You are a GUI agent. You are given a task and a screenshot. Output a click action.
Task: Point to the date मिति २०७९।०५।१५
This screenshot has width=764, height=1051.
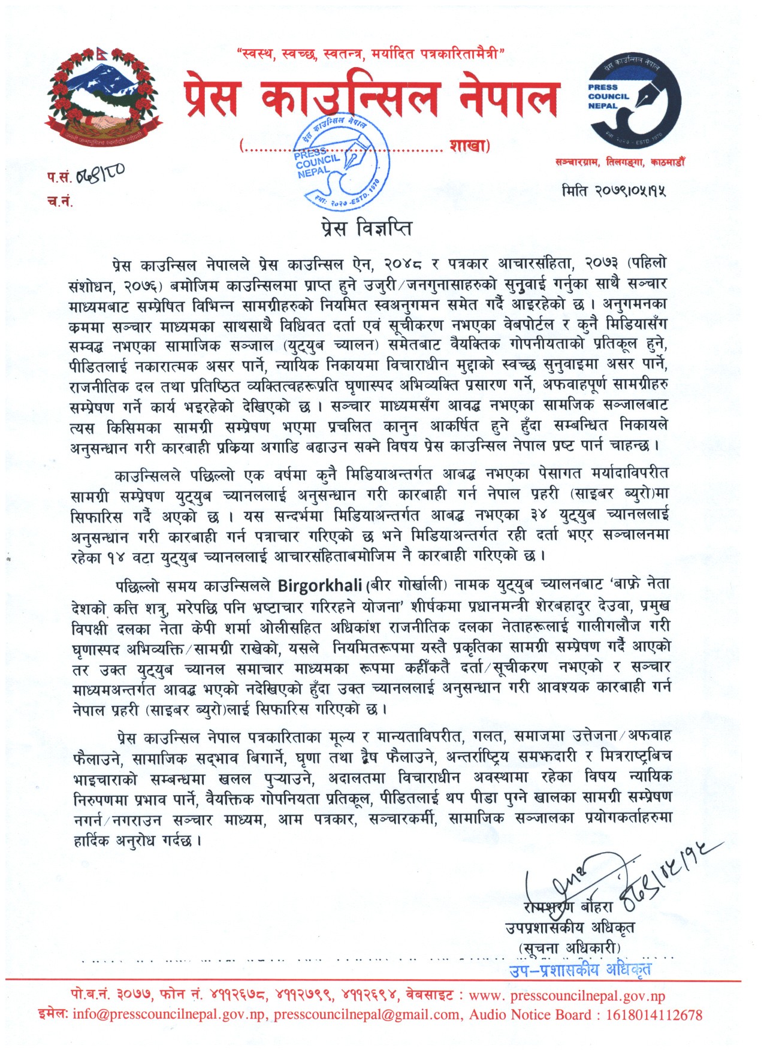coord(614,191)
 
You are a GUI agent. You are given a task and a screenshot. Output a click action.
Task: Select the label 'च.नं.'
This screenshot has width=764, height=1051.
coord(60,201)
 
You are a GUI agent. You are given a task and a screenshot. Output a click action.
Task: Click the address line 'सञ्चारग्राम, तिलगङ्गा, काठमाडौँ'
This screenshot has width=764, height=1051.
coord(620,162)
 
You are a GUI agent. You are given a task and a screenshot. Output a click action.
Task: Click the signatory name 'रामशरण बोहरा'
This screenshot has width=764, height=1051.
coord(568,907)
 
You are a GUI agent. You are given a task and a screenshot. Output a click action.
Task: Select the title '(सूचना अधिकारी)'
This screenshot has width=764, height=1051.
coord(569,948)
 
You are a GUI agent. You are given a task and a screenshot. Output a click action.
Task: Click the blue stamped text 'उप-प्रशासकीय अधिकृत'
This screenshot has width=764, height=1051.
coord(580,968)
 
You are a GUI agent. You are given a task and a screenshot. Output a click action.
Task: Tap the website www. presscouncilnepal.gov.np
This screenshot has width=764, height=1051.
coord(567,996)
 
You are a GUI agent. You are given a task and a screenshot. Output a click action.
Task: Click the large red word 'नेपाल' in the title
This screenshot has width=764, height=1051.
coord(508,98)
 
